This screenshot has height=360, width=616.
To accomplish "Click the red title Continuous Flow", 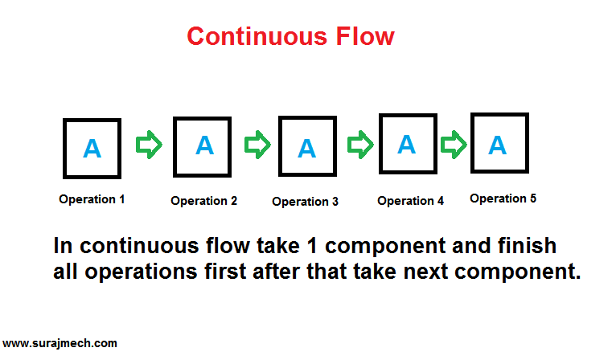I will (x=290, y=36).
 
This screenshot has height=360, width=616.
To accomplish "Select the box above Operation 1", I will (x=92, y=149).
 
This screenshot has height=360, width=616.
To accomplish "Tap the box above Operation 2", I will (x=203, y=146).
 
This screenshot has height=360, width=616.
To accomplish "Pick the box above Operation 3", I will (x=306, y=147).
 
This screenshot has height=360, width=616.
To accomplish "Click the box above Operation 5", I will (x=499, y=144).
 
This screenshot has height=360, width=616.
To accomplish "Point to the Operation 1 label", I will (x=92, y=199).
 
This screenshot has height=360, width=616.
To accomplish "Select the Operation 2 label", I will (x=203, y=202).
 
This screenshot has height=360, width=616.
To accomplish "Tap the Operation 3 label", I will (x=306, y=202).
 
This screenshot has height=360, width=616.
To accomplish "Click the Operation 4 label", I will (x=410, y=201).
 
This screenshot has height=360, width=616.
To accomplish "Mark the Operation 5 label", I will (x=503, y=198).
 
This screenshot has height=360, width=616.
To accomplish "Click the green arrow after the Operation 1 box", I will (x=148, y=145).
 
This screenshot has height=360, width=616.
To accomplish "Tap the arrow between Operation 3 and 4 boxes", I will (x=360, y=145).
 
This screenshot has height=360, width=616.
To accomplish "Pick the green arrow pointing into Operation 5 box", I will (x=454, y=145).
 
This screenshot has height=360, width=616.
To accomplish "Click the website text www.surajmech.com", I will (x=60, y=343).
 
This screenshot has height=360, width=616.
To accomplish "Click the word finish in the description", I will (x=518, y=244).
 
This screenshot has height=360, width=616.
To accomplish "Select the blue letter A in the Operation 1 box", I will (x=92, y=149).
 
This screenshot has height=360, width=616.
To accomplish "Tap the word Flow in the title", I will (x=361, y=36).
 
